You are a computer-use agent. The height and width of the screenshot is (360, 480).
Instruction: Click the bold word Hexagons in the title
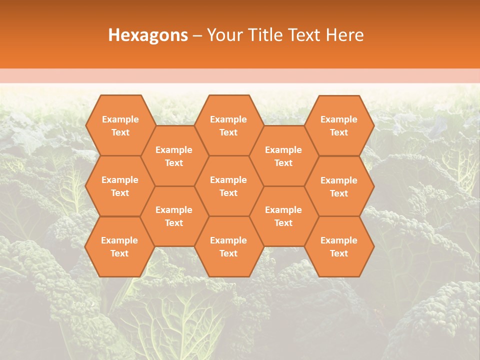point(148,35)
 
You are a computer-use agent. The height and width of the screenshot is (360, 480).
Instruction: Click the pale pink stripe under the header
point(240,76)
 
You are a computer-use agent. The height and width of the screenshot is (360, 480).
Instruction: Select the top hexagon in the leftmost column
point(120,125)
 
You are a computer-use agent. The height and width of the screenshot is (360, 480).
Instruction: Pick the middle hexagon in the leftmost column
point(120,186)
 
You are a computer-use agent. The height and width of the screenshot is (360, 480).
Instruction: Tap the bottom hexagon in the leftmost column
point(119,246)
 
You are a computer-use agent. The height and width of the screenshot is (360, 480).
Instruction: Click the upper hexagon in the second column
point(174,156)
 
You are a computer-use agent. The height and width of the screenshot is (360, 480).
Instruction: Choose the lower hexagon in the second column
point(174,216)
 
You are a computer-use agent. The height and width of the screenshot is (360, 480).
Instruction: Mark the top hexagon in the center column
point(228,125)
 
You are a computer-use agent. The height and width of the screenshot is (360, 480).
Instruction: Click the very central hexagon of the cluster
point(228,186)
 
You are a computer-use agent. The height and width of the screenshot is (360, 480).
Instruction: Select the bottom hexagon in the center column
point(228,246)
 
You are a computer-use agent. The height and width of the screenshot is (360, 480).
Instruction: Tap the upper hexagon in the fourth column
point(283,156)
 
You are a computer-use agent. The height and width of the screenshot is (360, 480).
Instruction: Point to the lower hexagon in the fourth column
point(283,216)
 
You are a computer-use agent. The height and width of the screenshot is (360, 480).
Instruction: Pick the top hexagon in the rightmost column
point(339,125)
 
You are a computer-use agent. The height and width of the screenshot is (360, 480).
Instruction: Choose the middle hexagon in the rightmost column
point(339,186)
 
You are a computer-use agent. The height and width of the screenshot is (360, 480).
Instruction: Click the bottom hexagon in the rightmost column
point(339,246)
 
